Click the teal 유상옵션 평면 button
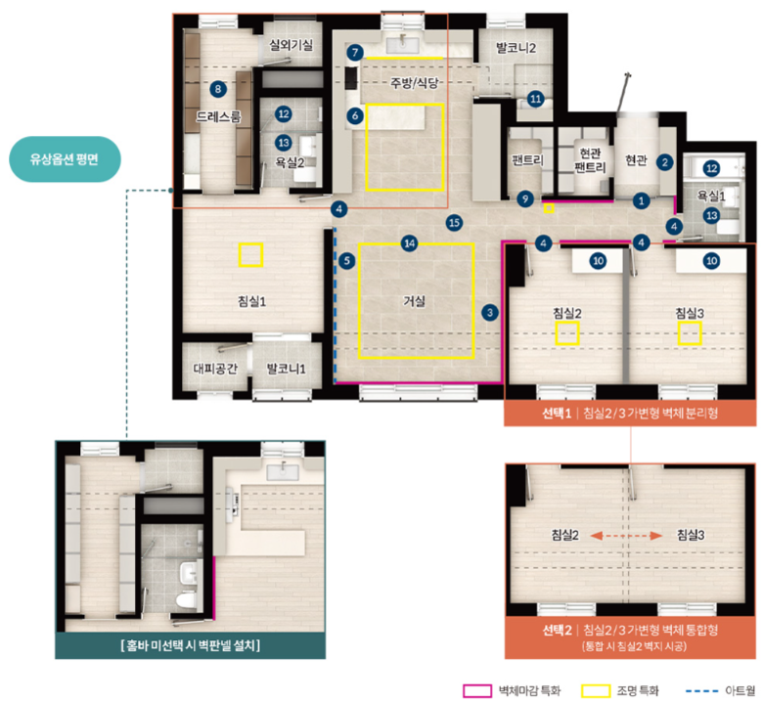pyautogui.click(x=65, y=159)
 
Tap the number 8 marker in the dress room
pyautogui.click(x=218, y=89)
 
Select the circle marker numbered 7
pyautogui.click(x=355, y=52)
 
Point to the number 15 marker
pyautogui.click(x=454, y=223)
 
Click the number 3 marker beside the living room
pyautogui.click(x=490, y=312)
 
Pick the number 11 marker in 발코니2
pyautogui.click(x=535, y=99)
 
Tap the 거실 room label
pyautogui.click(x=414, y=301)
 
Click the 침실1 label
pyautogui.click(x=251, y=301)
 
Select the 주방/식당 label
pyautogui.click(x=415, y=83)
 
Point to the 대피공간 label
pyautogui.click(x=215, y=369)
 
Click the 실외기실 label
pyautogui.click(x=291, y=45)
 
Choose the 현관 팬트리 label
pyautogui.click(x=590, y=160)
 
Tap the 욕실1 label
pyautogui.click(x=711, y=196)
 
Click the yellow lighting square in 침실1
pyautogui.click(x=250, y=255)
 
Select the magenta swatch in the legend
pyautogui.click(x=477, y=691)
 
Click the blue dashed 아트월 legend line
pyautogui.click(x=701, y=691)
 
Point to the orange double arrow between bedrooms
pyautogui.click(x=626, y=536)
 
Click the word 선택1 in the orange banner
pyautogui.click(x=557, y=414)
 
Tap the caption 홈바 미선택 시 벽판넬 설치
pyautogui.click(x=191, y=645)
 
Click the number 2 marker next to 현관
pyautogui.click(x=665, y=162)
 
